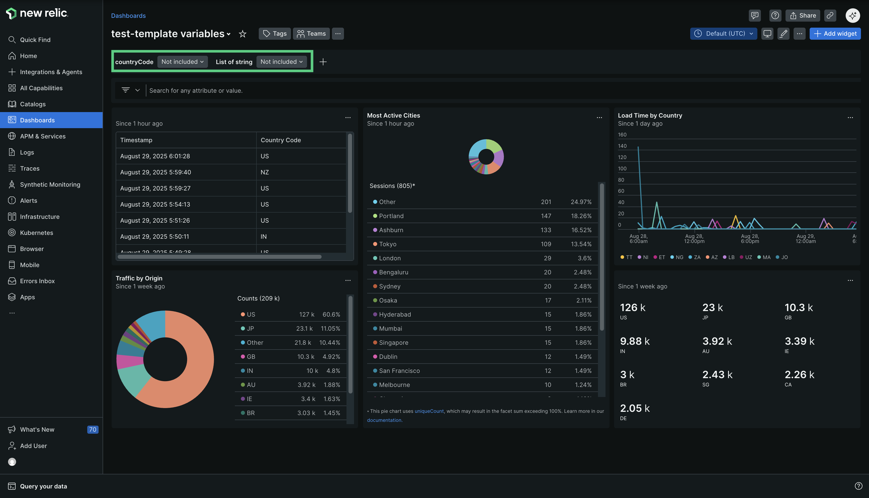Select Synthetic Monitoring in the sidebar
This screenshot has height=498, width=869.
50,184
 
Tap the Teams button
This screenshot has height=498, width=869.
311,33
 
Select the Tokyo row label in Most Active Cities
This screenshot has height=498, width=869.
387,244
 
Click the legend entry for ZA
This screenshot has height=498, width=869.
697,257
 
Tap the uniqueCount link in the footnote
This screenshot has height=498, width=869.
429,411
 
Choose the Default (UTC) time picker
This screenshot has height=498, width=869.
723,33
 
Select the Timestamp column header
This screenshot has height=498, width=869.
136,140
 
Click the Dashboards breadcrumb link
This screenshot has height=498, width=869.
128,16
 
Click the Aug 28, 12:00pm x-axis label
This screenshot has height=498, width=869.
694,239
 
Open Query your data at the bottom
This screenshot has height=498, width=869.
43,486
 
